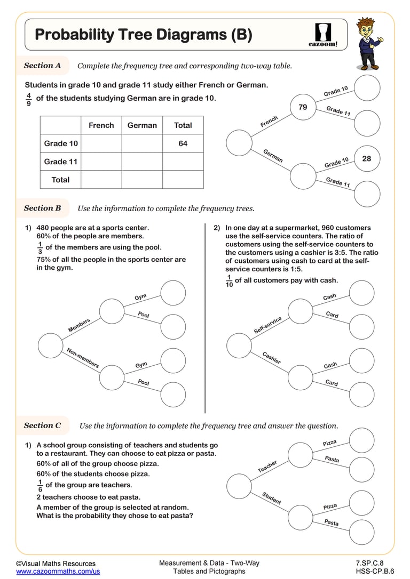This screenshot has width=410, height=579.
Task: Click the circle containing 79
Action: coord(303,107)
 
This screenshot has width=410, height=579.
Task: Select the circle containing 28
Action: coord(366,159)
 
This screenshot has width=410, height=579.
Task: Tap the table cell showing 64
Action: coord(183,143)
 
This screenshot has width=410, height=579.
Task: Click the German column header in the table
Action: coord(142,125)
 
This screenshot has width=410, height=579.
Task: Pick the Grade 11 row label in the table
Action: coord(61,162)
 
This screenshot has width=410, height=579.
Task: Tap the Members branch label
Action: coord(79,325)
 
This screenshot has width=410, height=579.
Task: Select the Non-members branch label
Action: coord(83,358)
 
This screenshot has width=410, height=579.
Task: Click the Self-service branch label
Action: coord(267,325)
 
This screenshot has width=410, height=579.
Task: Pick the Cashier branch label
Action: coord(271,358)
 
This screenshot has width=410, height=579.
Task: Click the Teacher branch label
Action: coord(267,467)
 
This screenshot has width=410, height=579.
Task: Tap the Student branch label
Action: coord(271,498)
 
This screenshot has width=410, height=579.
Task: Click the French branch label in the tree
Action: coord(269,122)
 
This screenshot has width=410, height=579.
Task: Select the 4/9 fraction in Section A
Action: coord(29,99)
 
